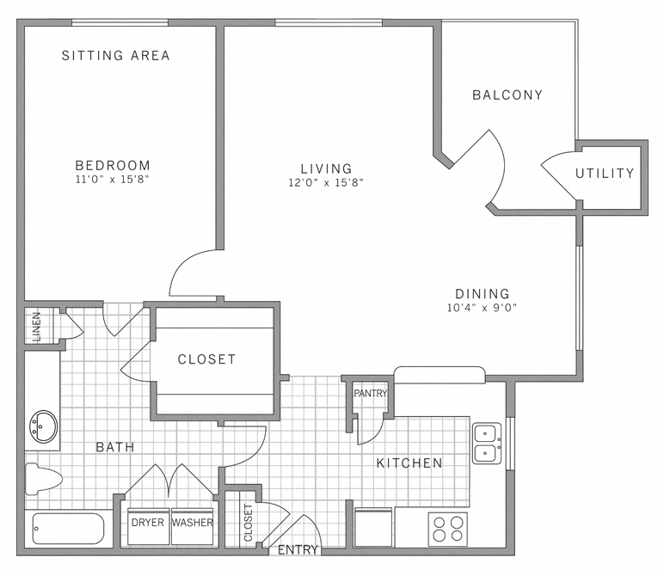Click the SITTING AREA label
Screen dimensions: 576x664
point(116,56)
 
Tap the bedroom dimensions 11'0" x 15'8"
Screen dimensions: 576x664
point(113,181)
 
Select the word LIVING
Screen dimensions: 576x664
point(326,169)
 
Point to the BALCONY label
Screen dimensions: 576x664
point(507,95)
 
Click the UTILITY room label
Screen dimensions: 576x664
point(605,174)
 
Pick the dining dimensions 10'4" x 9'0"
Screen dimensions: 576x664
point(482,307)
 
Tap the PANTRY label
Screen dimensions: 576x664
point(371,394)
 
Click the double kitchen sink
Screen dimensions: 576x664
point(487,442)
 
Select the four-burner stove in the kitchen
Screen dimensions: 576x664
point(447,528)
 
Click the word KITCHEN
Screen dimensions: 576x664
point(409,463)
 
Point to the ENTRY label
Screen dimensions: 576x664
point(298,550)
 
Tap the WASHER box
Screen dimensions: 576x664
point(192,522)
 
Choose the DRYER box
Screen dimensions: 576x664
point(147,522)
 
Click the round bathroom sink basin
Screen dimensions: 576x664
point(42,426)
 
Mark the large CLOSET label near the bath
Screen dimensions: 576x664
point(206,359)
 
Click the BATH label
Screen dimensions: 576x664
point(114,447)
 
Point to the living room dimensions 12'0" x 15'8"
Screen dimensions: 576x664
point(326,182)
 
